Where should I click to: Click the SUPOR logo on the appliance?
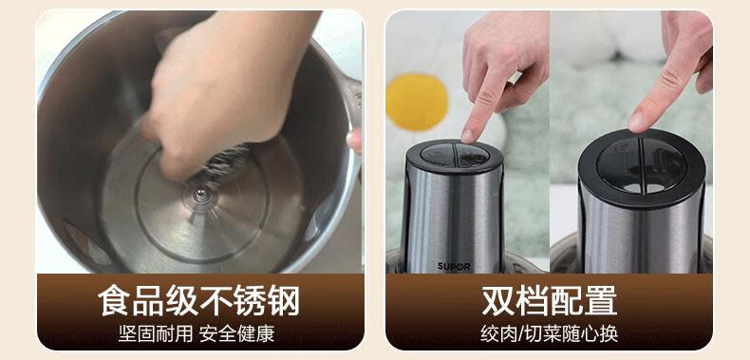pos(454,266)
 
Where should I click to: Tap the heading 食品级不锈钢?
pos(199,300)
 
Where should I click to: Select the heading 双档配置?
pos(549,300)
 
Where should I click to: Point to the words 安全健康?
pos(236,333)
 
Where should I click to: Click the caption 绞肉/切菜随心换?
pos(549,333)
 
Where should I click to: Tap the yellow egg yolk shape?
pos(417,103)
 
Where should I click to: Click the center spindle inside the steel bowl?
pos(201,194)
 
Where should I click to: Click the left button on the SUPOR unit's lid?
pos(437,155)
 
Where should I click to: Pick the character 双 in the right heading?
pos(497,300)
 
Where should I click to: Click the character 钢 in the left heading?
pos(284,300)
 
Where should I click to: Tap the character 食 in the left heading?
pos(114,300)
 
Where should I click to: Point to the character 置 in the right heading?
pos(601,300)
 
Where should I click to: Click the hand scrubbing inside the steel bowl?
pos(225,86)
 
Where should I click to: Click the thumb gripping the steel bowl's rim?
pos(354,141)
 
